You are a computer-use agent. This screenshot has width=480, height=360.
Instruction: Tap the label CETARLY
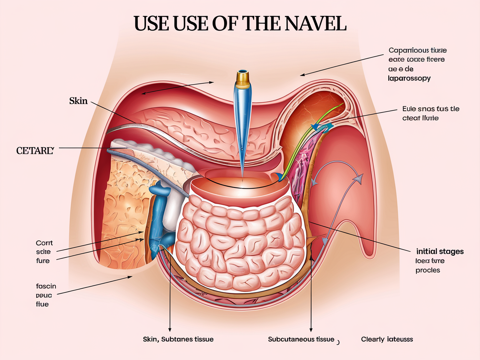click(35, 150)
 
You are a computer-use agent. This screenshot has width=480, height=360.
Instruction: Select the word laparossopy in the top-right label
click(410, 78)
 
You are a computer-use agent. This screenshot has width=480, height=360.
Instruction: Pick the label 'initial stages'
click(440, 251)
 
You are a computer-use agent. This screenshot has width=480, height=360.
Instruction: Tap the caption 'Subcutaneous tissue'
click(301, 339)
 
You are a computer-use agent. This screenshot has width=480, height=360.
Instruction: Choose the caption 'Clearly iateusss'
click(387, 339)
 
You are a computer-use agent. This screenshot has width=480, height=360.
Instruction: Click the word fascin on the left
click(46, 286)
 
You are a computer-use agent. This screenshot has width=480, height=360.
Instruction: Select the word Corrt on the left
click(45, 242)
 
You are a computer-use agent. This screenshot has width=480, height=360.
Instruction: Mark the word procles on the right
click(427, 270)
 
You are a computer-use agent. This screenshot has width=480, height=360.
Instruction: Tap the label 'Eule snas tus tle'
click(431, 109)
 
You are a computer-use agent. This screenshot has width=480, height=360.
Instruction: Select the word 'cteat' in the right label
click(412, 118)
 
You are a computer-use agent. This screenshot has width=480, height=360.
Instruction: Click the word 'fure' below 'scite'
click(43, 261)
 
